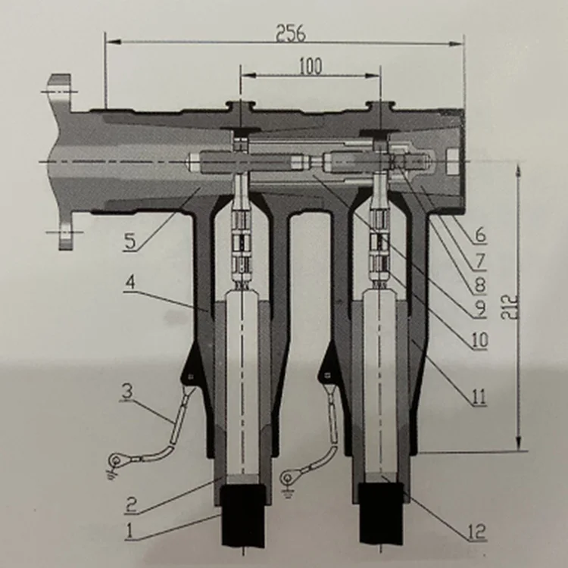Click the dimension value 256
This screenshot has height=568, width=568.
coord(291,33)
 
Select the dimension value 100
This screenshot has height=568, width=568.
coord(309,67)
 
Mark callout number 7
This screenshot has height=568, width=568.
coord(479,261)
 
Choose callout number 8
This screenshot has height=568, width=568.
coord(479,286)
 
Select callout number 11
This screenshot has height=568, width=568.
coord(479,396)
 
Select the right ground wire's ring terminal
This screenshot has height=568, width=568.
coord(289,477)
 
